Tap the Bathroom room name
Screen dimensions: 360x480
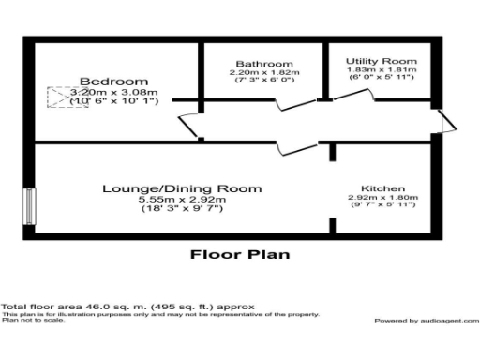pos(258,64)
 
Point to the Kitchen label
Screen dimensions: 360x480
pos(382,187)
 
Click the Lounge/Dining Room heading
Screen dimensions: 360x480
pos(182,188)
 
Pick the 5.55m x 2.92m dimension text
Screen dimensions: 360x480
pos(182,200)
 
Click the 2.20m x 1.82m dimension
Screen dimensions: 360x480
pos(258,72)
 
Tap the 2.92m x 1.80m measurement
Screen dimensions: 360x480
pos(382,197)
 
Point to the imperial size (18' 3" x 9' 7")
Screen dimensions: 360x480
pos(182,209)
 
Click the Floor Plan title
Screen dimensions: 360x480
pos(240,253)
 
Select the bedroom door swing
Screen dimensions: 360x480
pos(189,125)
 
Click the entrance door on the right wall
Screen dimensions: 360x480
pos(448,120)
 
